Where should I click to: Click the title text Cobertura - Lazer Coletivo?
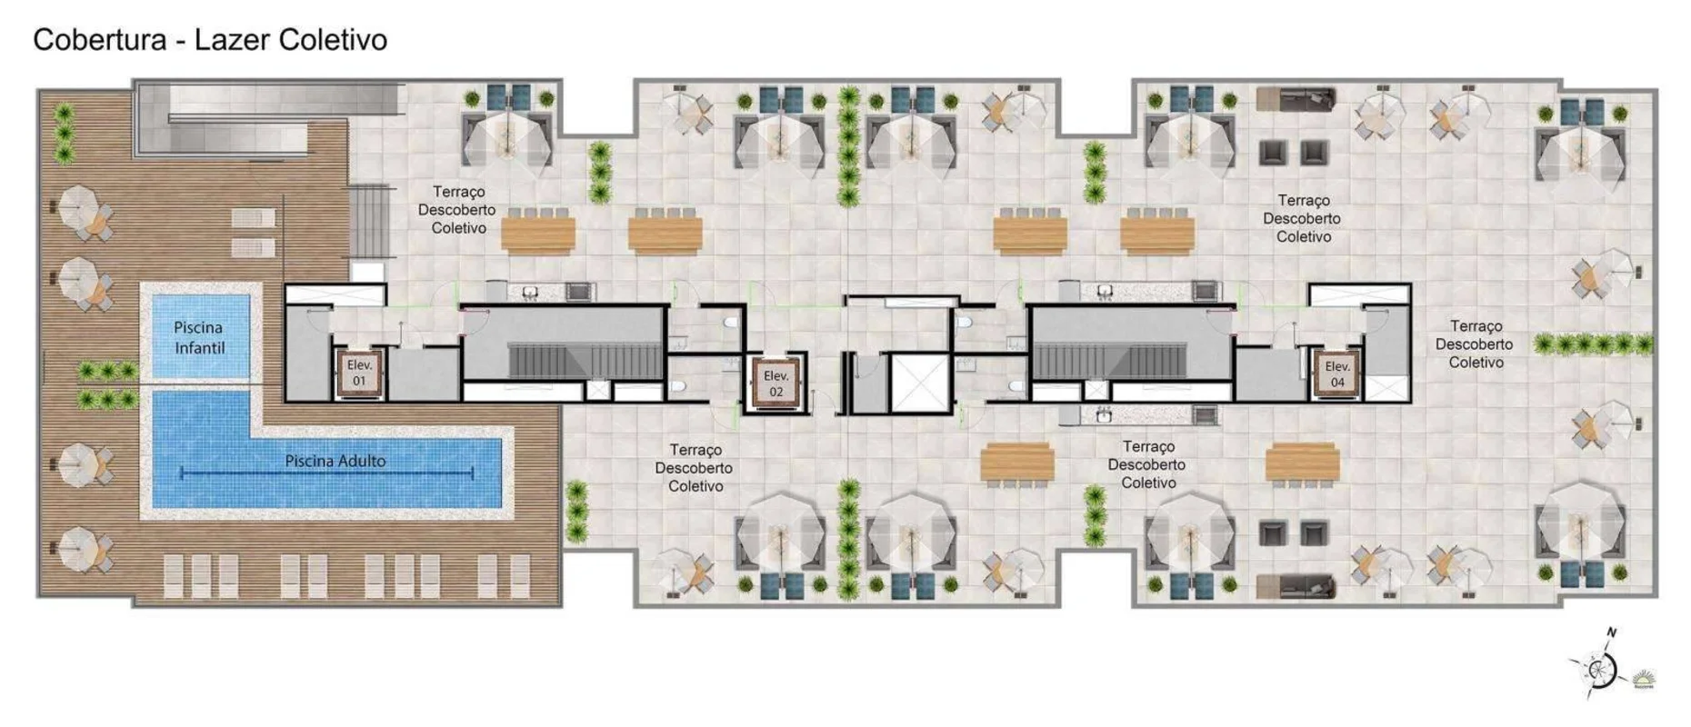coord(210,40)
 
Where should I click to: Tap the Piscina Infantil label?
coord(199,337)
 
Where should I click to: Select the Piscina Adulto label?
coord(335,461)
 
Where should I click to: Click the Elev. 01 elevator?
coord(359,373)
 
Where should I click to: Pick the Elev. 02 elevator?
coord(775,383)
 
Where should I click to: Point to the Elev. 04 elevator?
coord(1336,373)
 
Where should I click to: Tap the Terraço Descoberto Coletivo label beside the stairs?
coord(457,210)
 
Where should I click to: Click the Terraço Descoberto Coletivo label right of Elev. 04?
coord(1475,344)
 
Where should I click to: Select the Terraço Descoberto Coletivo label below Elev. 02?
coord(695,468)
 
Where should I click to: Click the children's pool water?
coord(200,334)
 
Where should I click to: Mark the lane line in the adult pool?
coord(327,473)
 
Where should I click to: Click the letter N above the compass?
coord(1612,632)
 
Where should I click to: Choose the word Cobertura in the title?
coord(100,40)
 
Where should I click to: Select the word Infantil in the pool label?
coord(199,347)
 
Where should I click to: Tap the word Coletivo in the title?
coord(333,40)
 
